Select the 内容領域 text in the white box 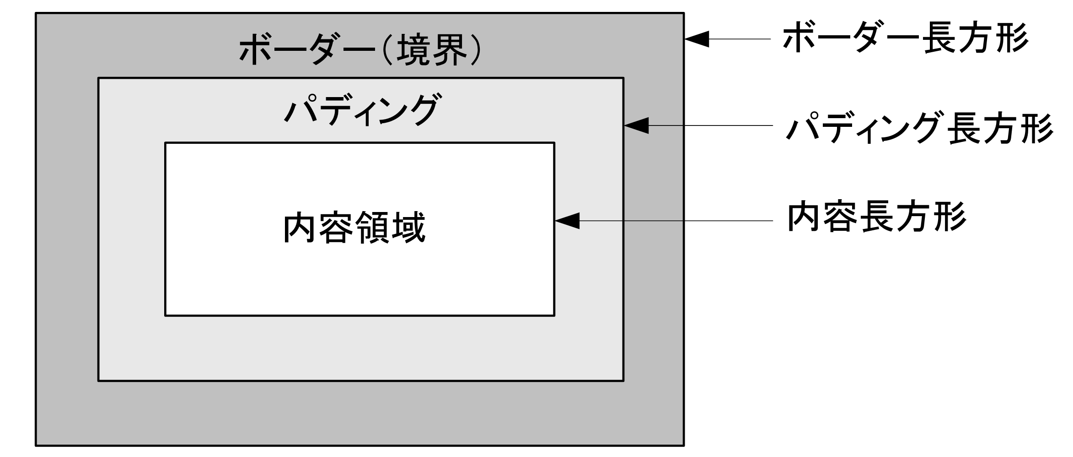pyautogui.click(x=354, y=228)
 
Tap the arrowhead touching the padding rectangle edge pyautogui.click(x=636, y=125)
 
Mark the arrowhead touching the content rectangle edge pyautogui.click(x=567, y=221)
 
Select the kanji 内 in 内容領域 pyautogui.click(x=300, y=228)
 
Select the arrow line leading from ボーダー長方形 pyautogui.click(x=741, y=39)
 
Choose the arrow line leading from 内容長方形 pyautogui.click(x=677, y=221)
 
